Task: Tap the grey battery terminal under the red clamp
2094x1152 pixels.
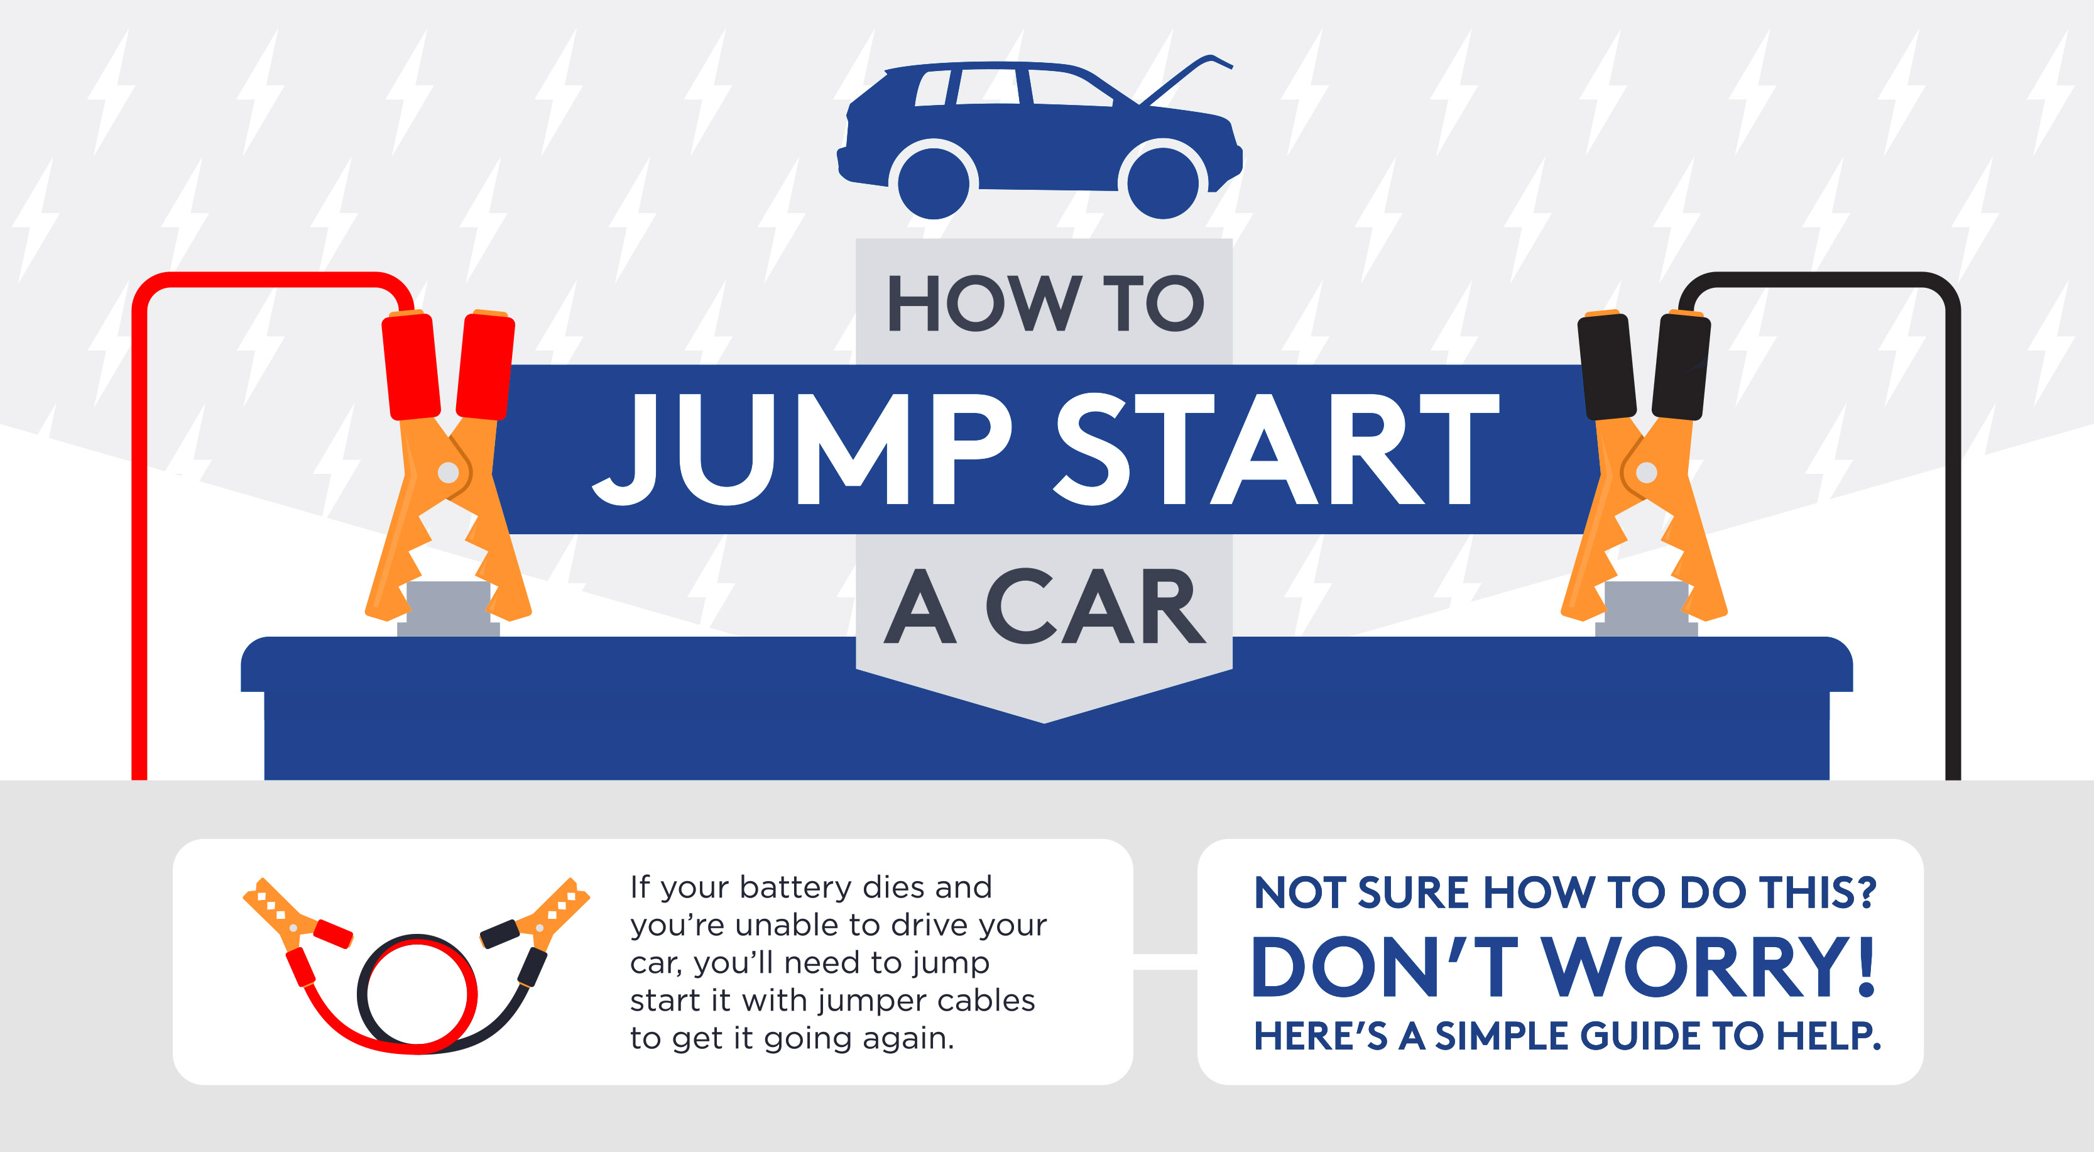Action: click(x=448, y=606)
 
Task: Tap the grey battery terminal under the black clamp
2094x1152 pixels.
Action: click(x=1646, y=606)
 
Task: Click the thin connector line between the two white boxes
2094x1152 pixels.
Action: click(x=1165, y=962)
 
